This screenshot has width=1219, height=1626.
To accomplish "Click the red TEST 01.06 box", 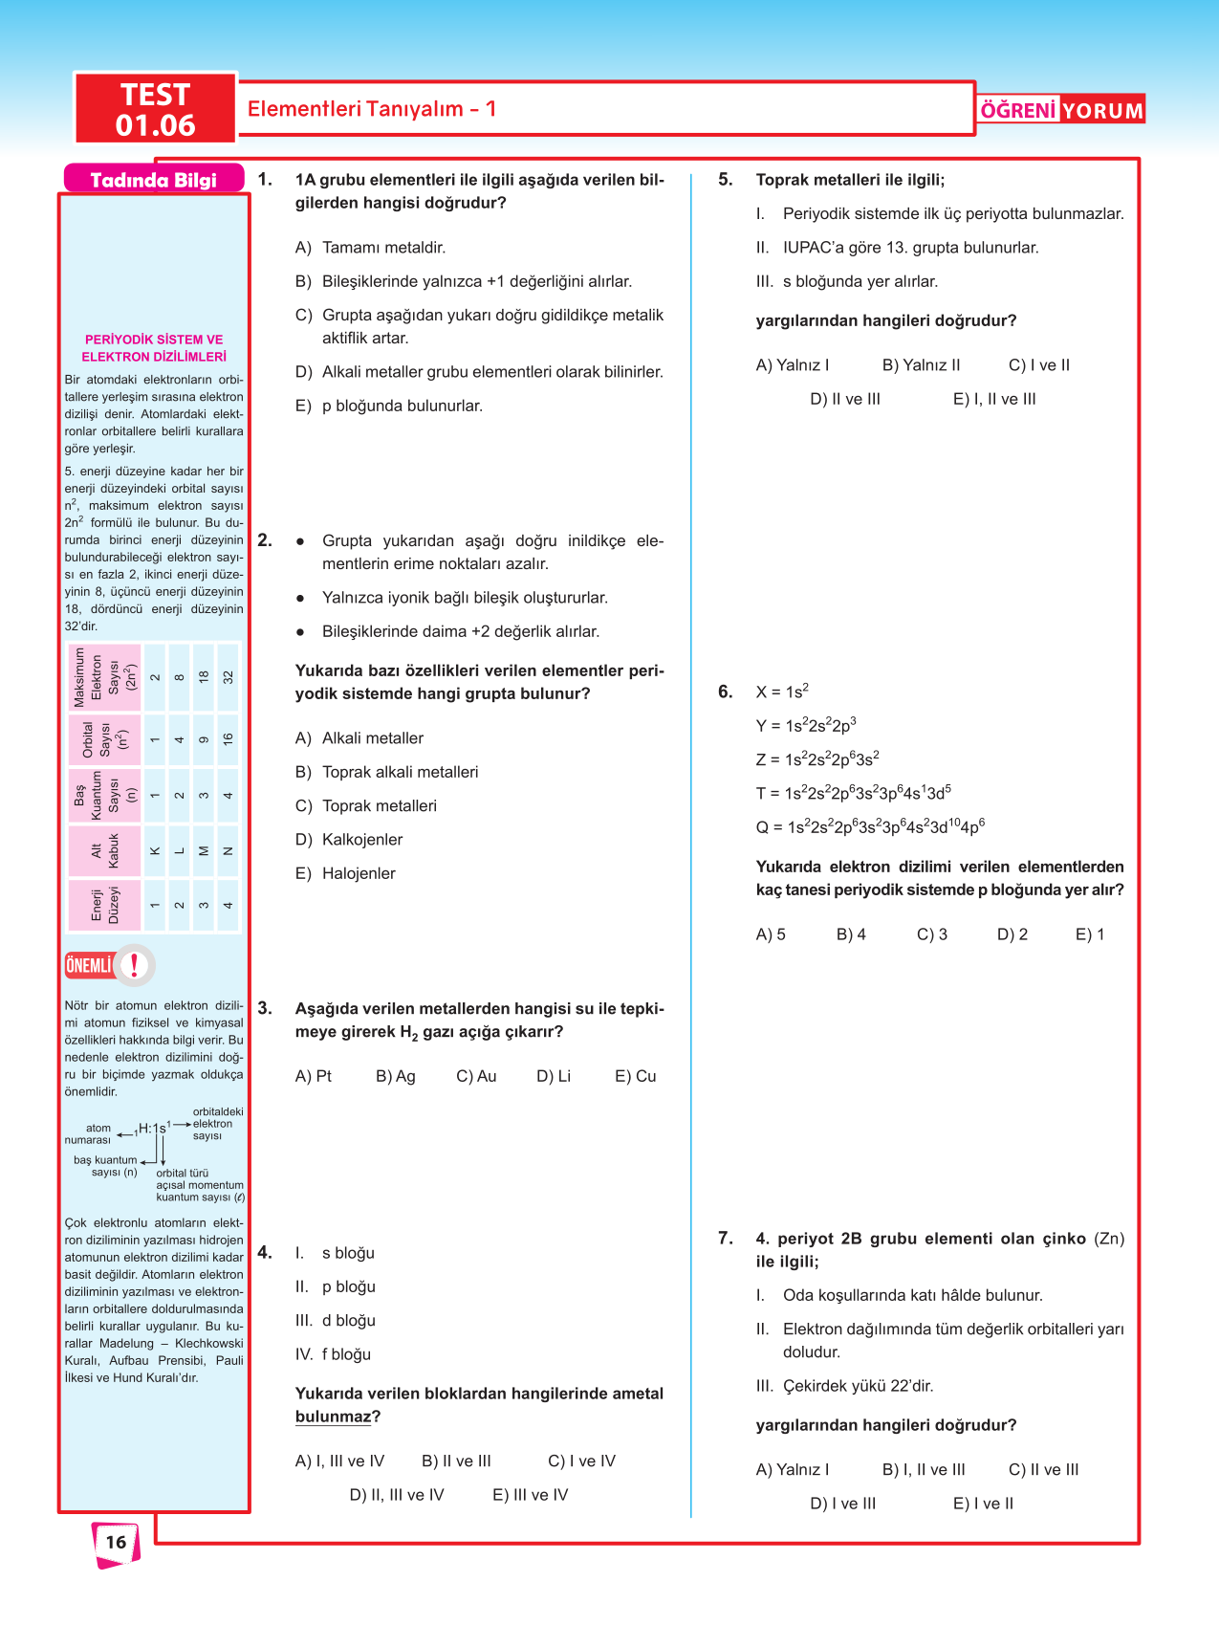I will click(155, 109).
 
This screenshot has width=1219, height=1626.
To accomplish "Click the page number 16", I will click(116, 1542).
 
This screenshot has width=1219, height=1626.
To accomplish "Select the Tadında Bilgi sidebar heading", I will click(153, 180).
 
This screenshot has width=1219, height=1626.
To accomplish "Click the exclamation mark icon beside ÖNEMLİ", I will click(135, 965).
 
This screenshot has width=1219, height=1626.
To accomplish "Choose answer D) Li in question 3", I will click(554, 1076).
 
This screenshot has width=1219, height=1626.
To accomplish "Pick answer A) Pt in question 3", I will click(314, 1076).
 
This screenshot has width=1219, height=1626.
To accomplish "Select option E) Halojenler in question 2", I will click(345, 873).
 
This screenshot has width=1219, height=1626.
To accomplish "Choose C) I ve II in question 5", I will click(1039, 365).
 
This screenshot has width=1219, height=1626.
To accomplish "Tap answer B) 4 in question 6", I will click(851, 934).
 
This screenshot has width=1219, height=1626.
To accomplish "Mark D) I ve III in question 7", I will click(842, 1504).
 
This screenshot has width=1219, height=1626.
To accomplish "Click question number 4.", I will click(265, 1252).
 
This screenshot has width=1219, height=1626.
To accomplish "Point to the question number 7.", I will click(726, 1239).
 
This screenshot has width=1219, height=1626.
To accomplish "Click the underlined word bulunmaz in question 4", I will click(332, 1417).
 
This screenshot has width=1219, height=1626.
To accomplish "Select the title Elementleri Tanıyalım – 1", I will click(372, 109).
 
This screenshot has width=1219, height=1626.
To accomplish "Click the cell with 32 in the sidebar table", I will click(229, 677).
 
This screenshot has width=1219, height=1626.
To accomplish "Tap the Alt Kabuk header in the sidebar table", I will click(105, 850).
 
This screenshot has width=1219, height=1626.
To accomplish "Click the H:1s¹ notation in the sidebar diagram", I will click(153, 1129).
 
